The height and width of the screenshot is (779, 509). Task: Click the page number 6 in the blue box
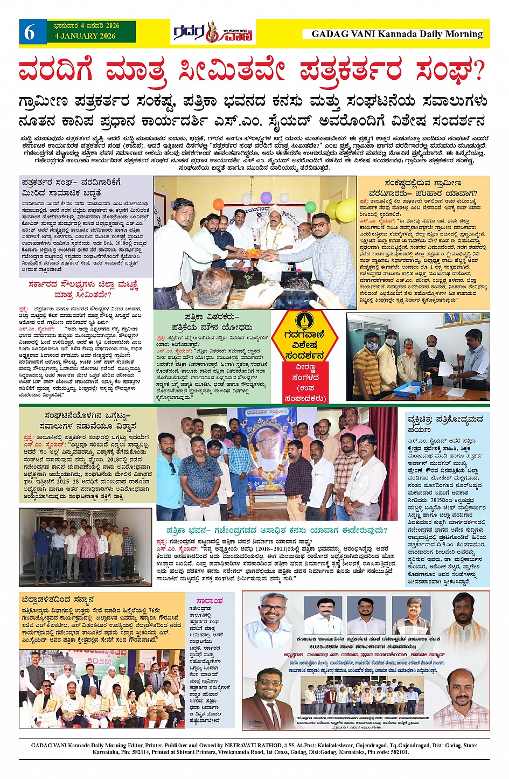30,33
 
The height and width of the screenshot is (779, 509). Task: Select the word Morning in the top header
464,34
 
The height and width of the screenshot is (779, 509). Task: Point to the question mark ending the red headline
477,71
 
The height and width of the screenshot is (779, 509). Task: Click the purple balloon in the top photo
267,197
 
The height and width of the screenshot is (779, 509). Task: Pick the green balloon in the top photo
311,206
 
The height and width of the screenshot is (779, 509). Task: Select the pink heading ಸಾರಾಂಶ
209,601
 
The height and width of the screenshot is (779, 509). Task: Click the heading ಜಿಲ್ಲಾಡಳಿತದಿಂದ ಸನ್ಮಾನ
58,599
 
